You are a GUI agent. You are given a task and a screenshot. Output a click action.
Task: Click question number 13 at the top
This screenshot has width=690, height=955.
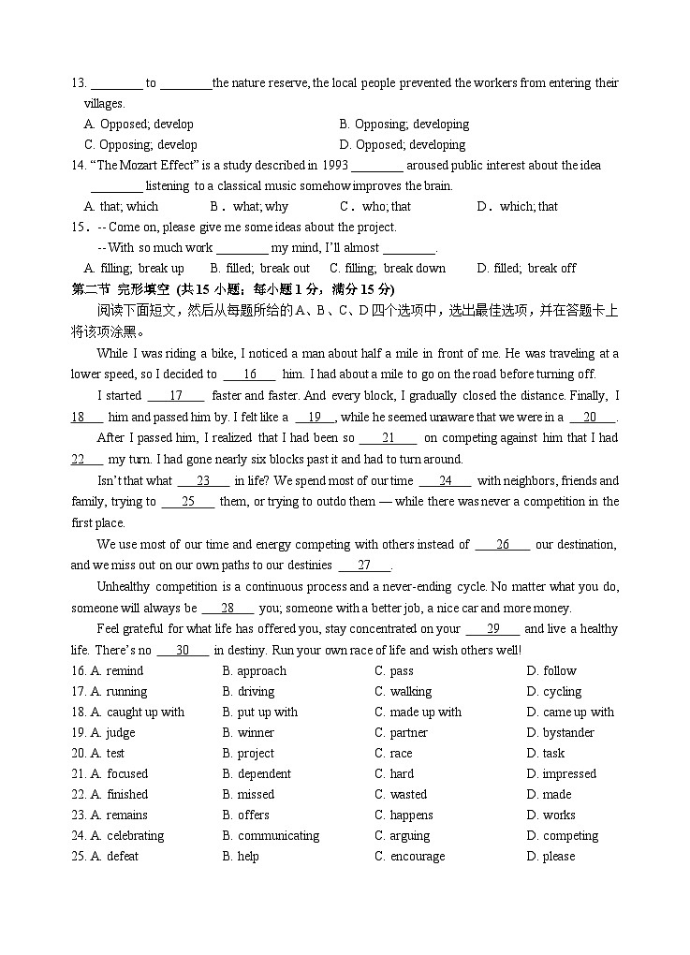pyautogui.click(x=79, y=83)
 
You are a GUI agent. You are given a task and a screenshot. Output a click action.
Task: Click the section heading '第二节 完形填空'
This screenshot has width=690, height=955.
pyautogui.click(x=123, y=288)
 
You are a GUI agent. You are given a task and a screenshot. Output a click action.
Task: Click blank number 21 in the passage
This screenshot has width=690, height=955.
pyautogui.click(x=387, y=438)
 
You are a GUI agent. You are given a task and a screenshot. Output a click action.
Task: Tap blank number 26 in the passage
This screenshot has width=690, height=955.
pyautogui.click(x=502, y=545)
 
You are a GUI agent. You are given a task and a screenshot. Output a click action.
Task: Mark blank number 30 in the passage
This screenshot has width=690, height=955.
pyautogui.click(x=183, y=651)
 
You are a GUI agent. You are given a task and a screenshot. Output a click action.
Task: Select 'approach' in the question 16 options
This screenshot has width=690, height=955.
pyautogui.click(x=261, y=671)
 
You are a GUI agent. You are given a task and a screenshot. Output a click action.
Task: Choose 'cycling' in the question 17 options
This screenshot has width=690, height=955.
pyautogui.click(x=562, y=692)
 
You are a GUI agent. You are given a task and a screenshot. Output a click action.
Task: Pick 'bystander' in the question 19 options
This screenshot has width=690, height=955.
pyautogui.click(x=568, y=733)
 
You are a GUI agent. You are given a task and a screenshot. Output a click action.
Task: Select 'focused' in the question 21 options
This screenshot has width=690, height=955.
pyautogui.click(x=126, y=774)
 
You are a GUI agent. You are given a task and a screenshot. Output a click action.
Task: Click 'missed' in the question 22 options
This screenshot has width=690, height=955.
pyautogui.click(x=256, y=795)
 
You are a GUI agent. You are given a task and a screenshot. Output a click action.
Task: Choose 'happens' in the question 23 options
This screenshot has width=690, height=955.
pyautogui.click(x=411, y=815)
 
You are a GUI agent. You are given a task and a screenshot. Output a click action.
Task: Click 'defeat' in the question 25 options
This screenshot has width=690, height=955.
pyautogui.click(x=122, y=857)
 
